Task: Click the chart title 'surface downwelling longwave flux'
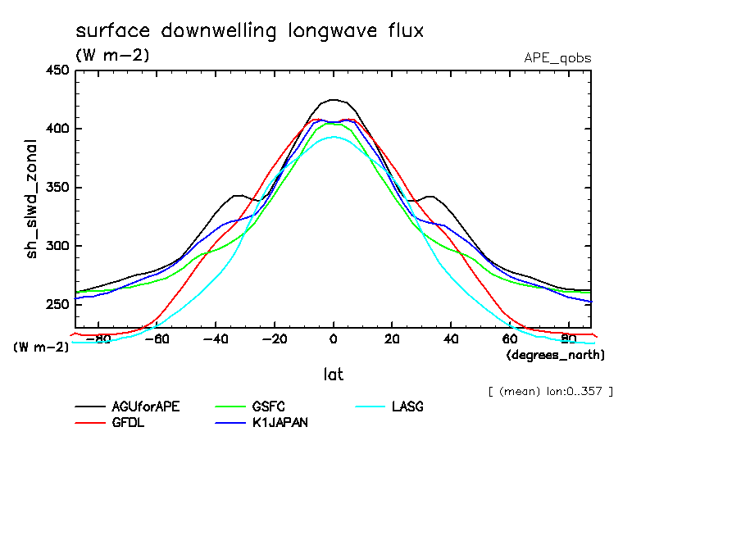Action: point(249,31)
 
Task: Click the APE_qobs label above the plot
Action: point(557,58)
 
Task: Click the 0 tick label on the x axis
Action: point(333,338)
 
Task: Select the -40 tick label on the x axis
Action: point(215,338)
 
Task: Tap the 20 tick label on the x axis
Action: point(392,338)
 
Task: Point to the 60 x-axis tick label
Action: point(510,338)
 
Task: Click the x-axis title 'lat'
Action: point(333,375)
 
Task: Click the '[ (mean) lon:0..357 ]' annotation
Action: point(550,391)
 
